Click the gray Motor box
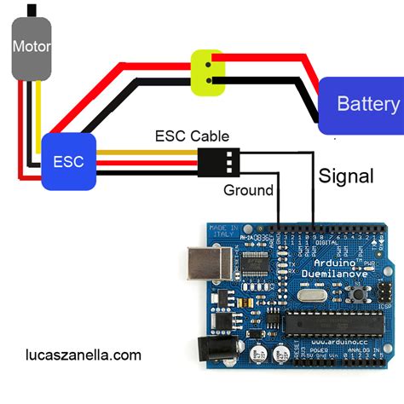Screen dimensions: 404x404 [31, 47]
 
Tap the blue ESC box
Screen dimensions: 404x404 [68, 160]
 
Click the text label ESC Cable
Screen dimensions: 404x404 [192, 136]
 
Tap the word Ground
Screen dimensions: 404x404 [248, 190]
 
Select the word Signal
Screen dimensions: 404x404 [345, 176]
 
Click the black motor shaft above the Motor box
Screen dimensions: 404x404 [32, 10]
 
